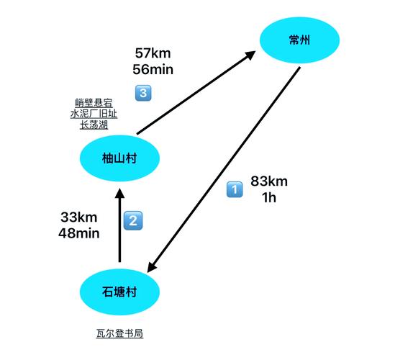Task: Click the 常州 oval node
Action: click(x=299, y=40)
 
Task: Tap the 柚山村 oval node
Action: click(x=119, y=158)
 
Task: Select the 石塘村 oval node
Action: click(x=119, y=292)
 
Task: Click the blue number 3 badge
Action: click(x=143, y=93)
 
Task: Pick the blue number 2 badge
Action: click(x=133, y=220)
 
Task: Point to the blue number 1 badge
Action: click(x=235, y=189)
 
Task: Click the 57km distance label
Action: click(x=153, y=53)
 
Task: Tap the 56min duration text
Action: click(x=153, y=70)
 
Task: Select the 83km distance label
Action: click(x=269, y=181)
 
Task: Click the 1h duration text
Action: click(x=269, y=198)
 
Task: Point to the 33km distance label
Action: click(x=79, y=217)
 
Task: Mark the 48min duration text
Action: click(x=79, y=233)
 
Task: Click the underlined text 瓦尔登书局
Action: click(x=119, y=333)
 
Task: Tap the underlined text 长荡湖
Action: click(x=94, y=125)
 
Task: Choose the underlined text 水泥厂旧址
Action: click(x=94, y=114)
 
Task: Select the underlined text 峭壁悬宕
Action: click(x=94, y=102)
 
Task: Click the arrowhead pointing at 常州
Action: click(x=250, y=55)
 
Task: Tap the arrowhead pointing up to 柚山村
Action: click(x=119, y=193)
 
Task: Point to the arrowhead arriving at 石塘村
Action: click(x=152, y=266)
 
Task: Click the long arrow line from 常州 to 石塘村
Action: click(x=223, y=170)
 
